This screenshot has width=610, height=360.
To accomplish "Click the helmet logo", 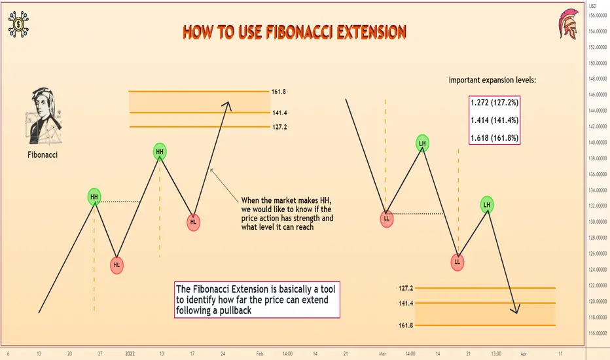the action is pos(568,24).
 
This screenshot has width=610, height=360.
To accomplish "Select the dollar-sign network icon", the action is pos(18,24).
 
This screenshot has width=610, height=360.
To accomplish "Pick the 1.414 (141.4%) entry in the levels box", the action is pos(494,120).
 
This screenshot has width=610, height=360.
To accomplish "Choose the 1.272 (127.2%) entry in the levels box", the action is pos(494,103).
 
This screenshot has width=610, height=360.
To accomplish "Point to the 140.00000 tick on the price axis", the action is pos(598,143).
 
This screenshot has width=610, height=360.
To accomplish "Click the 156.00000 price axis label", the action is pos(598,16).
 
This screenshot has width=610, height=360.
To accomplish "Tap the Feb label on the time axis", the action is pos(260,353).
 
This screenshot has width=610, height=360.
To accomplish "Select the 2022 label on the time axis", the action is pos(130,353).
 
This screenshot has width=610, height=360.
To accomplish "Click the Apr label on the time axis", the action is pos(524,353).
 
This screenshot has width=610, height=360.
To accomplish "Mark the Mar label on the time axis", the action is pos(382,353).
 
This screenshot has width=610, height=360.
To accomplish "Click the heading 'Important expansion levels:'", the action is pos(492,80).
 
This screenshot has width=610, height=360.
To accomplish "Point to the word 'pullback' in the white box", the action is pos(236,310).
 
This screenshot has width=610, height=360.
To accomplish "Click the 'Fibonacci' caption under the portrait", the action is pos(43,155).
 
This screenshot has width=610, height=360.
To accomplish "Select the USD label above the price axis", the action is pos(592,7).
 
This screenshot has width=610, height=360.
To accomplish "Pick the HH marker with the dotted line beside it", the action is pos(94,197).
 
